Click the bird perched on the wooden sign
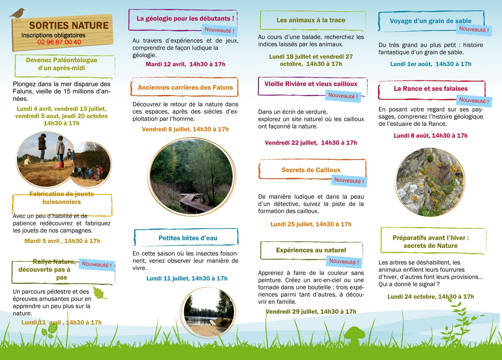tap(18, 14)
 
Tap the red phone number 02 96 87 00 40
tap(59, 42)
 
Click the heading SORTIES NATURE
tap(69, 25)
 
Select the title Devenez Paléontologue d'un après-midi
tap(62, 64)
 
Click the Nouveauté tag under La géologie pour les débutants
tap(219, 30)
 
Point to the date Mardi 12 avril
tap(165, 64)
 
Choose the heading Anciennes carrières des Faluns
tap(185, 88)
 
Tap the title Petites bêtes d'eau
tap(188, 238)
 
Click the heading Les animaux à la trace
tap(311, 20)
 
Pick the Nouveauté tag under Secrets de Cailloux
tap(349, 181)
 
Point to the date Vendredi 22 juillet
tap(290, 143)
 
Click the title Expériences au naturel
tap(311, 250)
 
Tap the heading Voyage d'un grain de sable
tap(430, 21)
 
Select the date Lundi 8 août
tap(411, 136)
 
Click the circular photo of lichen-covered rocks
tap(430, 182)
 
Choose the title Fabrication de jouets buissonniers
tap(62, 198)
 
